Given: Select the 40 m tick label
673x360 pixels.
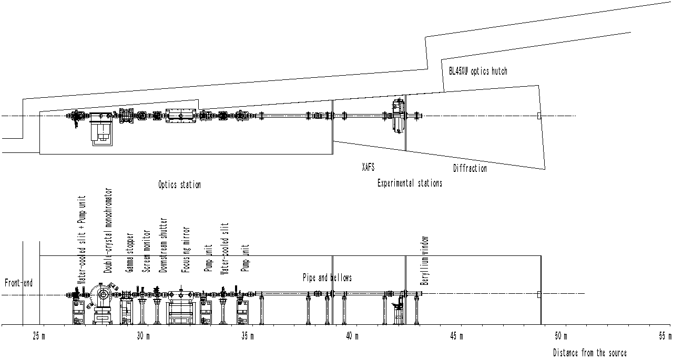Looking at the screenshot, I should pos(351,336).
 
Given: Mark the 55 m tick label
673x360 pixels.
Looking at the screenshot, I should pos(664,336).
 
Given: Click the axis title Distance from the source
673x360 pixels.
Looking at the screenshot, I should pos(589,353).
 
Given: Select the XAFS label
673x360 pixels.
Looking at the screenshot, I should pos(368,168).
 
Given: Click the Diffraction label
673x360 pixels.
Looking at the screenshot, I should pos(470,169).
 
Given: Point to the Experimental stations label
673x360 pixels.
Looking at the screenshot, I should pos(410,183).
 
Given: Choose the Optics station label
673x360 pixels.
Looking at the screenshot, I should pos(179,184).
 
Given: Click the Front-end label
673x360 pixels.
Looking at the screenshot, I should pos(18,283).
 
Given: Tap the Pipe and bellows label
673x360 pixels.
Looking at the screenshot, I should pos(327,277).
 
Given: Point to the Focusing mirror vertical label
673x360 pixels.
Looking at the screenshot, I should pos(186,250).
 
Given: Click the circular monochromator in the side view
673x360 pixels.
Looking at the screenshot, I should pos(101,295).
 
